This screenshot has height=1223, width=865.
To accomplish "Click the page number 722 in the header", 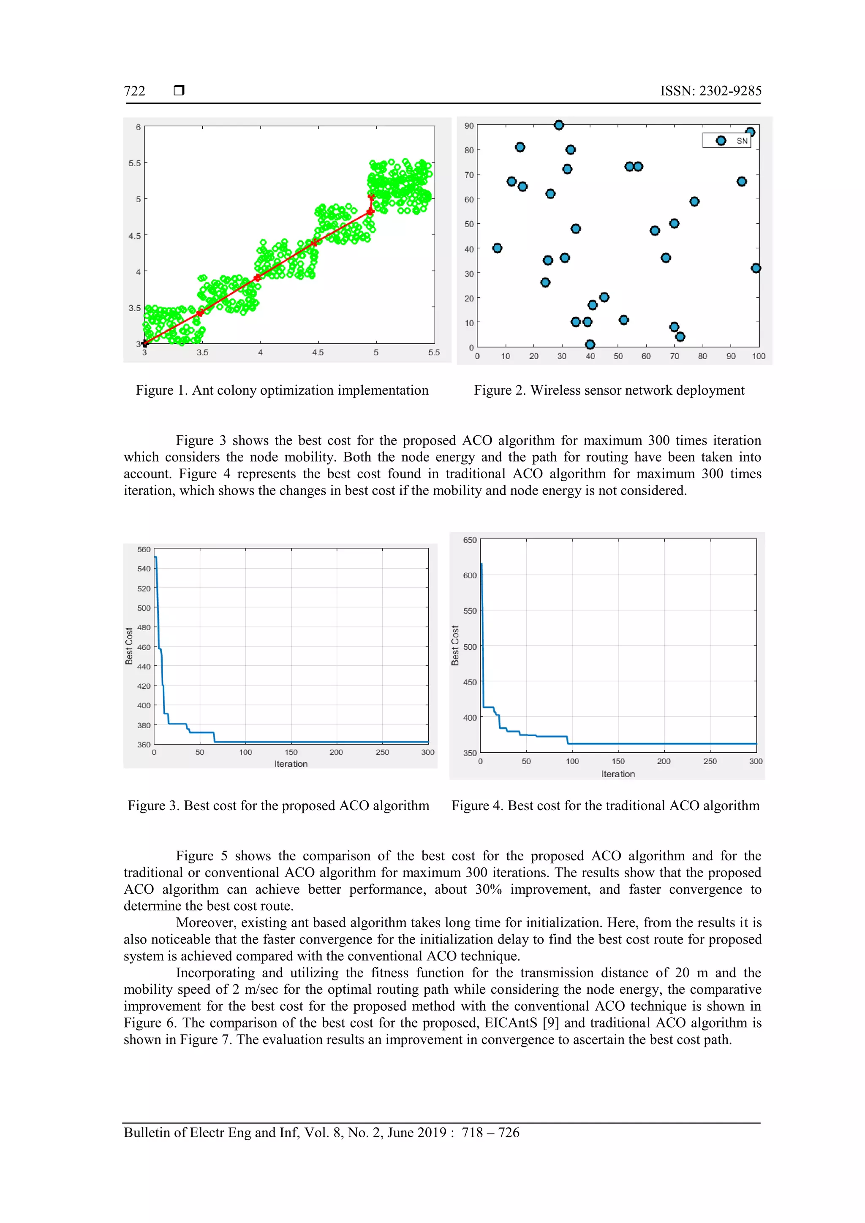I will [x=134, y=91].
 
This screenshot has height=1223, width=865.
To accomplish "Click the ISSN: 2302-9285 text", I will [x=710, y=91].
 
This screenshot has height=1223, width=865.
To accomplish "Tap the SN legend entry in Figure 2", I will [x=727, y=141].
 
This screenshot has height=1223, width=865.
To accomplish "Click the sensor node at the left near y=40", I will [x=497, y=248].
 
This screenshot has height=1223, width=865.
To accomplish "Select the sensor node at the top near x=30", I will [x=558, y=125].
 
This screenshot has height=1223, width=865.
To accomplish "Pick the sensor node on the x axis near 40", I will [x=590, y=344].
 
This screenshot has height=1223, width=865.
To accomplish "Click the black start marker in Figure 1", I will [x=145, y=344].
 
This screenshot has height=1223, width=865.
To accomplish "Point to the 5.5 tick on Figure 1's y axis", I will [x=134, y=163].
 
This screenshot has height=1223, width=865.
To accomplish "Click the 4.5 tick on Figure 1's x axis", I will [x=318, y=353].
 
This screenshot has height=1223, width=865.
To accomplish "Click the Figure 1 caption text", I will [x=282, y=390].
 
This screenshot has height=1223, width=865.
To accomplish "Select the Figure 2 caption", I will [x=609, y=390].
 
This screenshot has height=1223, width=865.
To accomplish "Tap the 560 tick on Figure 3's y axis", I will [x=144, y=550].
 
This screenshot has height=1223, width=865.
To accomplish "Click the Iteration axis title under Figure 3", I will [x=291, y=764].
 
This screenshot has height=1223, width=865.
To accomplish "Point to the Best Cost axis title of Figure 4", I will [x=455, y=645].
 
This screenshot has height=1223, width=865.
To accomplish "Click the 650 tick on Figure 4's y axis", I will [x=470, y=540].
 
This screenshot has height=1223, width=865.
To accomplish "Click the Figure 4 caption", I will [x=605, y=806].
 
